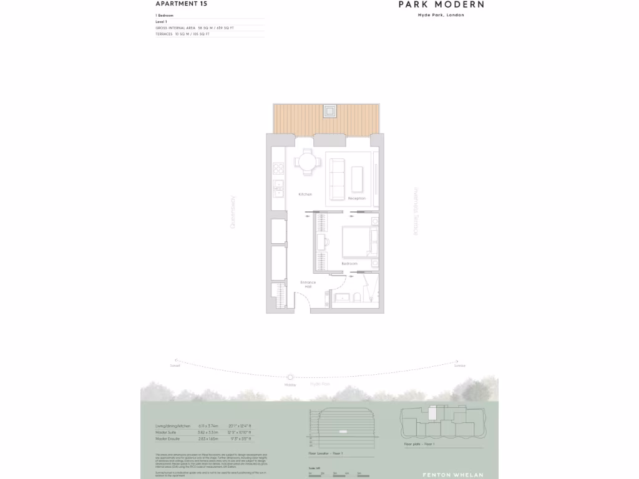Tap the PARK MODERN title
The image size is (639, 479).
441,4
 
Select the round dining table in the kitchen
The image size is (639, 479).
306,163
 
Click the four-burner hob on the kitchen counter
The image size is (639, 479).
278,168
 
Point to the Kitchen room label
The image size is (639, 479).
305,195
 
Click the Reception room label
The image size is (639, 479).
356,198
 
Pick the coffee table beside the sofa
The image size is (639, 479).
358,178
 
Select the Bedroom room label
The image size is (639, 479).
349,264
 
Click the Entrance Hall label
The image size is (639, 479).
308,284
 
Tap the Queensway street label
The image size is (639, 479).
233,212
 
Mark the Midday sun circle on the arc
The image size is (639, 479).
290,377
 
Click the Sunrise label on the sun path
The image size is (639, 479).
460,366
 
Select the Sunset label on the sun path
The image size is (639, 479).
175,366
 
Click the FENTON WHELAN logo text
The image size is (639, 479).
452,475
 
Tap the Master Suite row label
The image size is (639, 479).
168,432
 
